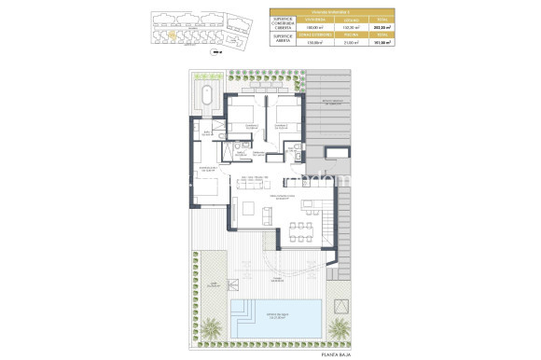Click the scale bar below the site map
click(217, 52)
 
